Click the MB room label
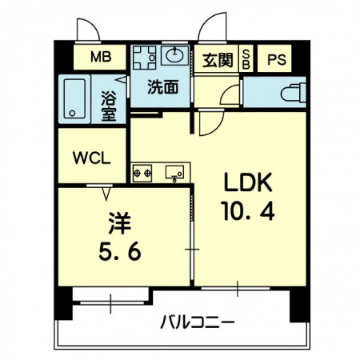pyautogui.click(x=101, y=57)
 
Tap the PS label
pyautogui.click(x=277, y=59)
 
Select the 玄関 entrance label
pyautogui.click(x=218, y=60)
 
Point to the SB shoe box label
pyautogui.click(x=246, y=60)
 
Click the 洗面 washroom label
pyautogui.click(x=163, y=87)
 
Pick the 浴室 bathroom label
pyautogui.click(x=109, y=106)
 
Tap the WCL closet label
pyautogui.click(x=92, y=158)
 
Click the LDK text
pyautogui.click(x=248, y=182)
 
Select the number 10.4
pyautogui.click(x=248, y=210)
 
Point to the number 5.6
pyautogui.click(x=120, y=251)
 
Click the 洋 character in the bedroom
pyautogui.click(x=120, y=223)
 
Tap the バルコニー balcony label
pyautogui.click(x=198, y=322)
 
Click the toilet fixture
pyautogui.click(x=294, y=92)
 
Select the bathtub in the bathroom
pyautogui.click(x=74, y=99)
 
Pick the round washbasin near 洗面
pyautogui.click(x=174, y=55)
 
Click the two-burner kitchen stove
pyautogui.click(x=142, y=174)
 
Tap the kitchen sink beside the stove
pyautogui.click(x=174, y=172)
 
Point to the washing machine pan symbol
pyautogui.click(x=144, y=58)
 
